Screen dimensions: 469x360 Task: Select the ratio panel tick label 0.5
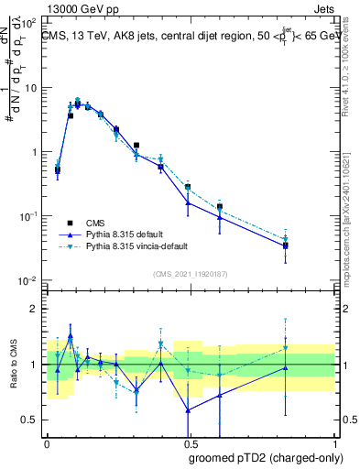pos(30,420)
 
